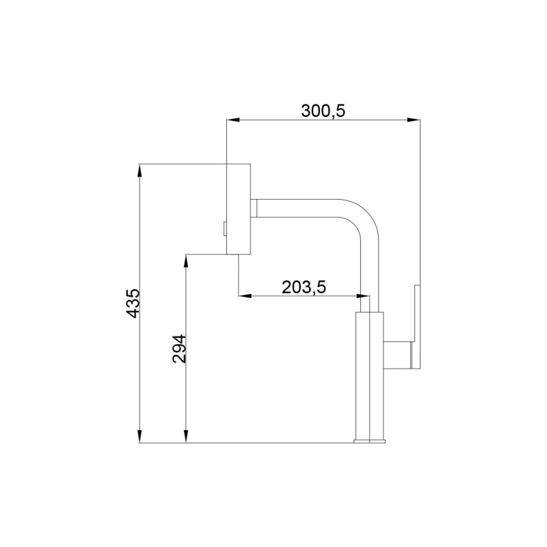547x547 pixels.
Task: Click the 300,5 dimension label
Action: coord(323,111)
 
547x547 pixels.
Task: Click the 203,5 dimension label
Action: coord(304,287)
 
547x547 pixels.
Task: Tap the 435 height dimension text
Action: coord(133,303)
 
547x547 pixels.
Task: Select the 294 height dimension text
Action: coord(179,349)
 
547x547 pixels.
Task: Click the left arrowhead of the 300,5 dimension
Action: coord(233,120)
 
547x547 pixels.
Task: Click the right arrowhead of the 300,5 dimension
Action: coord(414,120)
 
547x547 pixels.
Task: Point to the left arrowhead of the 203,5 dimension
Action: coord(245,296)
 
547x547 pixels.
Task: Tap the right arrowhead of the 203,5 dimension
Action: coord(363,296)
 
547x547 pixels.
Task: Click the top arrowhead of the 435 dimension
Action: coord(139,170)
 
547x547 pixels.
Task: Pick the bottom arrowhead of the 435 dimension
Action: coord(139,436)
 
